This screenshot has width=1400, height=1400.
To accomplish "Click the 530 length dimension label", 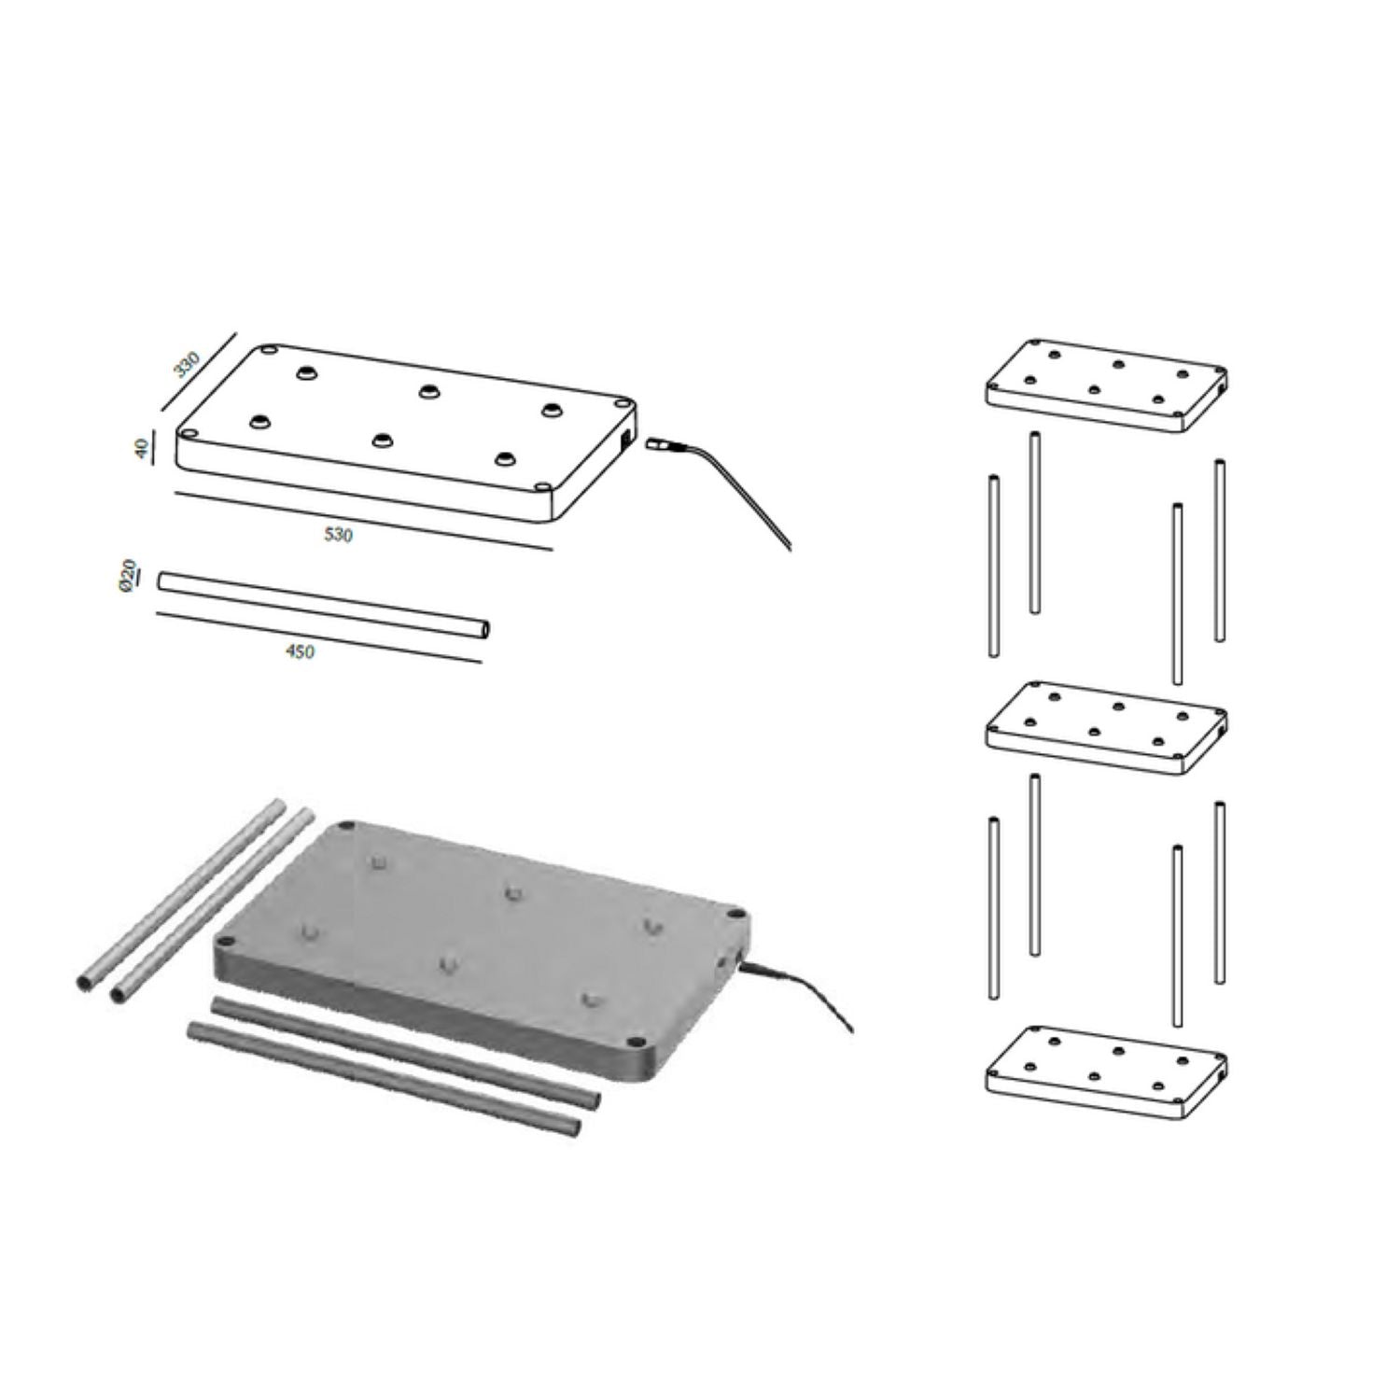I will coord(338,535).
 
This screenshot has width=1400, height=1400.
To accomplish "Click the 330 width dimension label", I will coord(188,364).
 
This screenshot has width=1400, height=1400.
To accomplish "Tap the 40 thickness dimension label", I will coord(142,449).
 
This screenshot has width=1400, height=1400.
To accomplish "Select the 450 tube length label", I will coord(300,651).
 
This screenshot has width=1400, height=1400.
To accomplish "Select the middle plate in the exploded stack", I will coord(1106,727).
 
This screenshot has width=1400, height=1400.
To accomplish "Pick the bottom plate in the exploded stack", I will coord(1106,1071).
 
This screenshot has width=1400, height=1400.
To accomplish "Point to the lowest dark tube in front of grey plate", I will coord(383,1078).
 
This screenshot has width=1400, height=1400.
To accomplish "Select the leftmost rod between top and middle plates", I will coord(993,567).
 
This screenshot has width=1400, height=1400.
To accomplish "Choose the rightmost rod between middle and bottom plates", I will coord(1220,892).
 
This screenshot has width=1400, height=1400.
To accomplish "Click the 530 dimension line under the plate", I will coord(364,521).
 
